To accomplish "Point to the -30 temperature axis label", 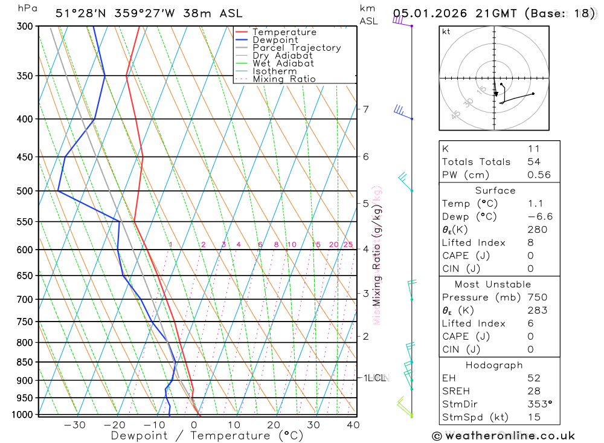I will click(74, 425).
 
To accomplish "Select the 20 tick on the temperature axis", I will click(274, 425).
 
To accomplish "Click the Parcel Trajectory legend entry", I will click(296, 48).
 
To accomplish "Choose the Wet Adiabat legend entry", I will click(283, 63).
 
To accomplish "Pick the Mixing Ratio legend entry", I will click(284, 79).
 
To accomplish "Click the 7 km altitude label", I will click(365, 109).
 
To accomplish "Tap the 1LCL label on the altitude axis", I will click(374, 378).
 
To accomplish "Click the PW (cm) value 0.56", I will click(539, 175).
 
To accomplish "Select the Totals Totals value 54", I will click(534, 161).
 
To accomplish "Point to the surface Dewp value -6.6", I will click(539, 216).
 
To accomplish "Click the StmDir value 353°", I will click(539, 403).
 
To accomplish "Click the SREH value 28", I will click(534, 390).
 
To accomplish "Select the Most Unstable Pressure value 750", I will click(537, 297).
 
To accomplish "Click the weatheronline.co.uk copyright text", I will click(504, 436).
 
